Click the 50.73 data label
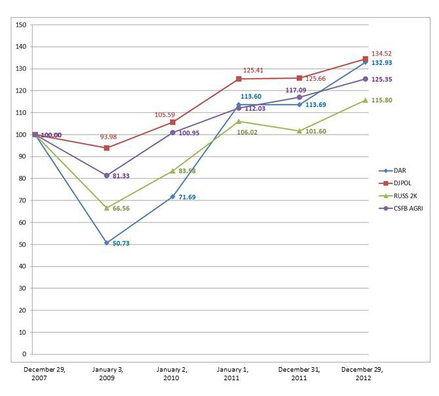121,244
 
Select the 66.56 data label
121,208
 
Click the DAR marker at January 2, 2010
173,196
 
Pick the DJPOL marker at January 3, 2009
106,148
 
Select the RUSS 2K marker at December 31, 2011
299,131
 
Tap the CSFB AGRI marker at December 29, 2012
366,79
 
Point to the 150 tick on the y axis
20,25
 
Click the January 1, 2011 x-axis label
235,374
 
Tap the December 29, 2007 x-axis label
45,374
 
